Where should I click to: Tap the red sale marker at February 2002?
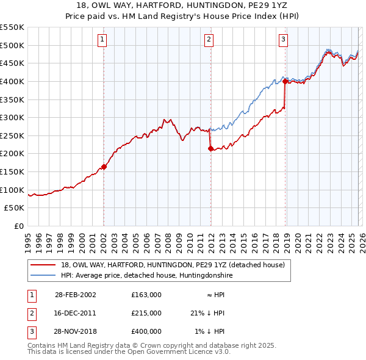[x=104, y=167]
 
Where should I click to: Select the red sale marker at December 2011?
[x=210, y=148]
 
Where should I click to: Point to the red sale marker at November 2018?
[x=285, y=81]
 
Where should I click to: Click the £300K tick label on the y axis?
[x=12, y=117]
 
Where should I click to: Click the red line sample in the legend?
[x=43, y=265]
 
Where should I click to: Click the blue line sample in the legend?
[x=43, y=276]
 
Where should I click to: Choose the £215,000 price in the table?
[x=146, y=313]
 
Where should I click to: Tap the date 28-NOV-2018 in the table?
[x=75, y=331]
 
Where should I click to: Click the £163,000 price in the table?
[x=146, y=295]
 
